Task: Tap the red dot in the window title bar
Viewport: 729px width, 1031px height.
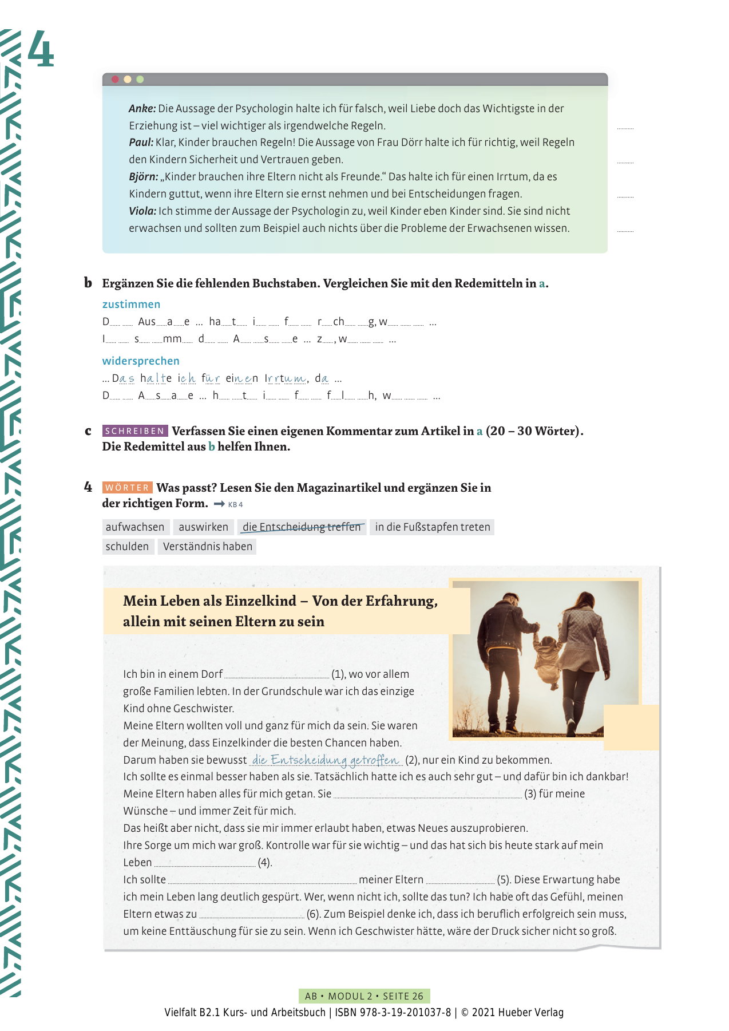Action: point(115,80)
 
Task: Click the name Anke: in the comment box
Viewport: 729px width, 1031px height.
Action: point(142,109)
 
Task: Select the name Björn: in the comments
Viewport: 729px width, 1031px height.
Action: point(143,177)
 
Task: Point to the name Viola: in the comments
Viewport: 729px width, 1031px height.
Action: point(142,211)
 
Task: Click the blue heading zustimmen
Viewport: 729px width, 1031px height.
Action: point(131,305)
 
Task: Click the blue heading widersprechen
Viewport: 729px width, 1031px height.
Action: point(141,361)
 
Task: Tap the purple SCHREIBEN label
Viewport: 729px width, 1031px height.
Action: point(135,431)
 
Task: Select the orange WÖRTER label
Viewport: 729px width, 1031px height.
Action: point(128,488)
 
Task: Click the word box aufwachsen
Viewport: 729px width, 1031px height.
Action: point(135,527)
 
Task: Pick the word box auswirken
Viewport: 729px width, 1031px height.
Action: point(203,527)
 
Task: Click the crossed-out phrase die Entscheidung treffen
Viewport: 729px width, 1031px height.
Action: point(302,527)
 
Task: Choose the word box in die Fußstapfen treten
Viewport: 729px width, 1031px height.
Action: point(432,527)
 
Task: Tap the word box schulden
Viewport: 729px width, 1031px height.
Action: point(127,547)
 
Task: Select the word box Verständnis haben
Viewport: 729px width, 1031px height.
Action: point(207,547)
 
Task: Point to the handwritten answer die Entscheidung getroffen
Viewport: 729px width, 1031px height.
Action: point(326,760)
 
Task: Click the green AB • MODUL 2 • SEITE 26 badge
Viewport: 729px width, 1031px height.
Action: point(364,996)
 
